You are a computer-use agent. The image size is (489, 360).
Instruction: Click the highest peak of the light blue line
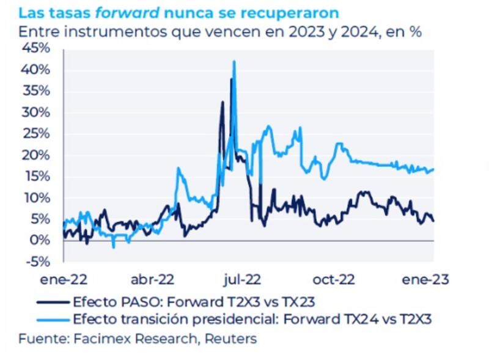233,62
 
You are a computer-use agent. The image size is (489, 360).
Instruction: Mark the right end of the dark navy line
433,221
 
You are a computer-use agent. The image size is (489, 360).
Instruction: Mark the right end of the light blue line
433,169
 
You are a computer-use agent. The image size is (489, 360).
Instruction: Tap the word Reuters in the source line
231,338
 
